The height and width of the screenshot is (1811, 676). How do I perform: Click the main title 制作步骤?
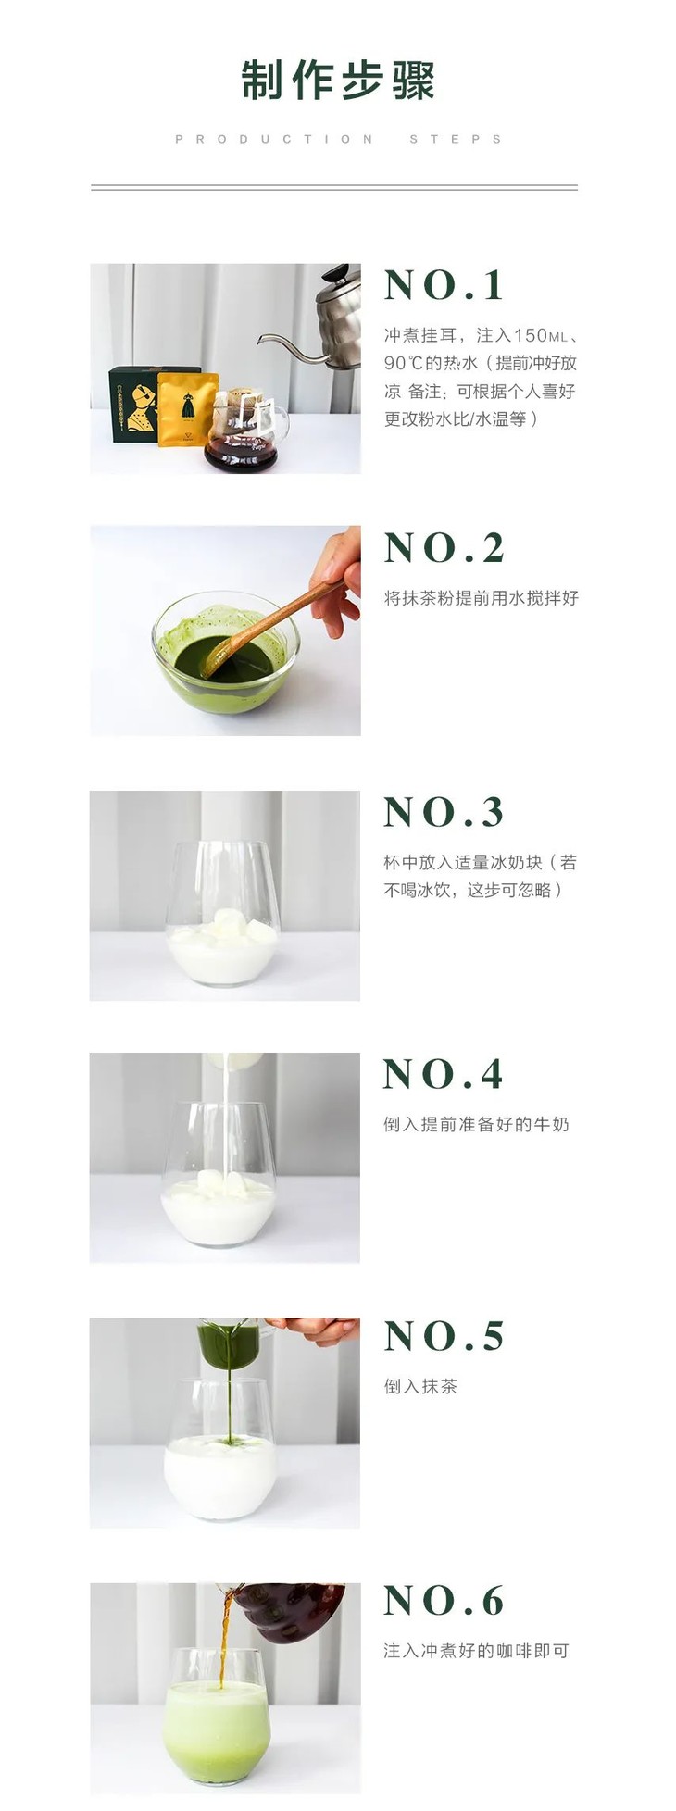tap(338, 81)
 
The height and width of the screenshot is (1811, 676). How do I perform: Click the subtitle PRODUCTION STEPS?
tap(338, 139)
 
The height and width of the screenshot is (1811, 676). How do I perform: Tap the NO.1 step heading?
tap(444, 285)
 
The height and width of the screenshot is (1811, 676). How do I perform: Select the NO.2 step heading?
tap(444, 548)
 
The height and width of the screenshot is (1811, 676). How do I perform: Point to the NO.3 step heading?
tap(444, 812)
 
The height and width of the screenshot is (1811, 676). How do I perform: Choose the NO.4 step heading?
tap(444, 1074)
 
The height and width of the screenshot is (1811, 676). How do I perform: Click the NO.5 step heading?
tap(444, 1336)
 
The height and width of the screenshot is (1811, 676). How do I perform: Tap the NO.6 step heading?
tap(444, 1600)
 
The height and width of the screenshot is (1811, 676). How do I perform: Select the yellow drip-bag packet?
tap(187, 408)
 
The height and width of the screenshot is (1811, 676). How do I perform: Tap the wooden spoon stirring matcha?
tap(269, 620)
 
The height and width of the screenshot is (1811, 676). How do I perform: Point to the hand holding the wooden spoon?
tap(338, 579)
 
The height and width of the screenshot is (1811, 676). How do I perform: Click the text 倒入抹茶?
tap(420, 1386)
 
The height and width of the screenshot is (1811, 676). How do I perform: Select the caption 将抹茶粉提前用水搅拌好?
tap(481, 598)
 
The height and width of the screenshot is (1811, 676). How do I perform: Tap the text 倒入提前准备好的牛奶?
tap(476, 1124)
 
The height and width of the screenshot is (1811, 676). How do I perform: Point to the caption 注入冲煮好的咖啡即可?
tap(476, 1650)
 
